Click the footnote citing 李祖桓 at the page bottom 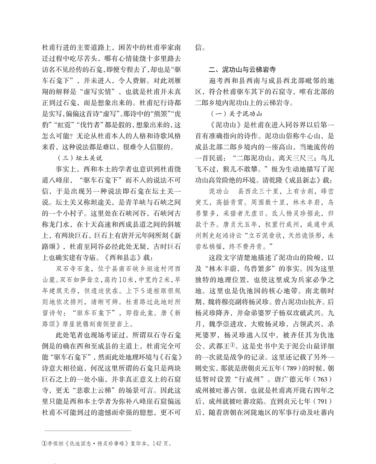[107, 443]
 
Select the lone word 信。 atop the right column [200, 48]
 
